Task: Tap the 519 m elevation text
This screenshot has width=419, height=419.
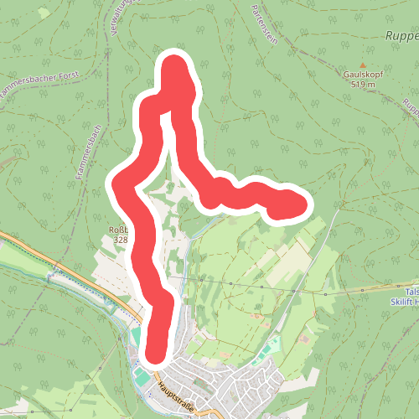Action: pos(362,85)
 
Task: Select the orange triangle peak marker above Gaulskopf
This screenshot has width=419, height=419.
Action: pos(363,65)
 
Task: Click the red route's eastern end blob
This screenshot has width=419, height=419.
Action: pos(289,204)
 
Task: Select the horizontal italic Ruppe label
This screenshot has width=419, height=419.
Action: pos(401,37)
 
